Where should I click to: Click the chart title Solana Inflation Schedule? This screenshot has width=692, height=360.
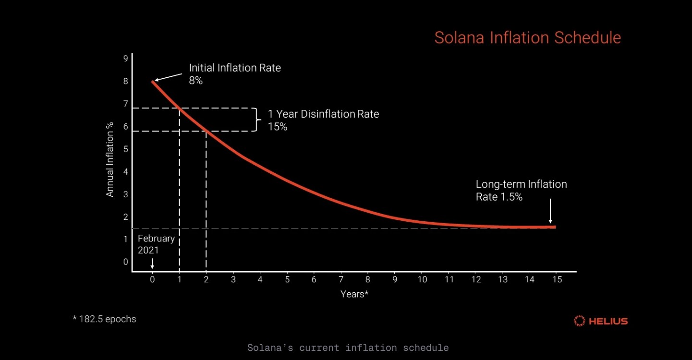(x=527, y=37)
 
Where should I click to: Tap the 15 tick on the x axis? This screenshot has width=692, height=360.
(x=556, y=279)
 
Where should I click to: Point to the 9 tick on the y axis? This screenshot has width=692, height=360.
(x=125, y=59)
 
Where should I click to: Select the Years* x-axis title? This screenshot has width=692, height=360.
(x=354, y=294)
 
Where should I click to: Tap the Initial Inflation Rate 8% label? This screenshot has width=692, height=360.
(x=234, y=74)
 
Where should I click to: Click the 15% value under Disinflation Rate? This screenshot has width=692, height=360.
(x=278, y=127)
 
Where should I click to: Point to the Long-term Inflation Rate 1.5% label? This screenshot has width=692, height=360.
(x=521, y=190)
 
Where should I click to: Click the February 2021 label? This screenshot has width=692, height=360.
(x=156, y=244)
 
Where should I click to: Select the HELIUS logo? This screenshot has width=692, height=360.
(x=601, y=321)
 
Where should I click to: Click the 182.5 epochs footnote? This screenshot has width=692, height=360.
(x=104, y=319)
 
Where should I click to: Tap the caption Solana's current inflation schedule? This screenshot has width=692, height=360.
(x=348, y=348)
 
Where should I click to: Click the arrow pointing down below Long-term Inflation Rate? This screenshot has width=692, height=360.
(x=550, y=212)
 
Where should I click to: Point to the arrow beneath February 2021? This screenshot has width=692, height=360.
(x=152, y=264)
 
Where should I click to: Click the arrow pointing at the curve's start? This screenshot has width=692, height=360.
(x=168, y=77)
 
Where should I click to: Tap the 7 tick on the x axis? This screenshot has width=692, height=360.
(x=341, y=279)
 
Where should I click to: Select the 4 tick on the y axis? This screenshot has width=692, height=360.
(x=125, y=171)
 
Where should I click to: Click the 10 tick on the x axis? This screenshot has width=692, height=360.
(x=422, y=279)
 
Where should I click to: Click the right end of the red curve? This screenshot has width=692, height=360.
(x=554, y=227)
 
